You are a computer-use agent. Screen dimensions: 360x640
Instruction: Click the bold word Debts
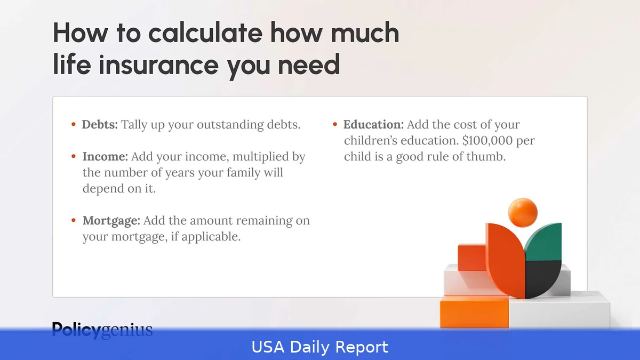(100, 125)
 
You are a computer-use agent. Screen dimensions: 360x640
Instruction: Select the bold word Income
(105, 157)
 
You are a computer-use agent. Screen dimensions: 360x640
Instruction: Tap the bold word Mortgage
(111, 220)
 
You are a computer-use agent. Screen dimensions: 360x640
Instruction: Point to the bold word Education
(373, 125)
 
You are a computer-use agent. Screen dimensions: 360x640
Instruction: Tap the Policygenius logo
(102, 330)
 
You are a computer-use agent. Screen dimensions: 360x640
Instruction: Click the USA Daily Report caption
(320, 347)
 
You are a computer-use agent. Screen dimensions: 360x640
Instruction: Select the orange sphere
(523, 212)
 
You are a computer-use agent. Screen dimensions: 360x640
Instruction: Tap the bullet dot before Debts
(74, 125)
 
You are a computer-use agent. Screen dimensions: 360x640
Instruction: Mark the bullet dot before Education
(335, 125)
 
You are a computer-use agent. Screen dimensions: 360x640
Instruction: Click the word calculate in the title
(206, 33)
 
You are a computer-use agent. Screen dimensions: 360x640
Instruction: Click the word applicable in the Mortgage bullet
(211, 236)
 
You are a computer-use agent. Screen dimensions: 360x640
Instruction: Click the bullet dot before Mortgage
(74, 220)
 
